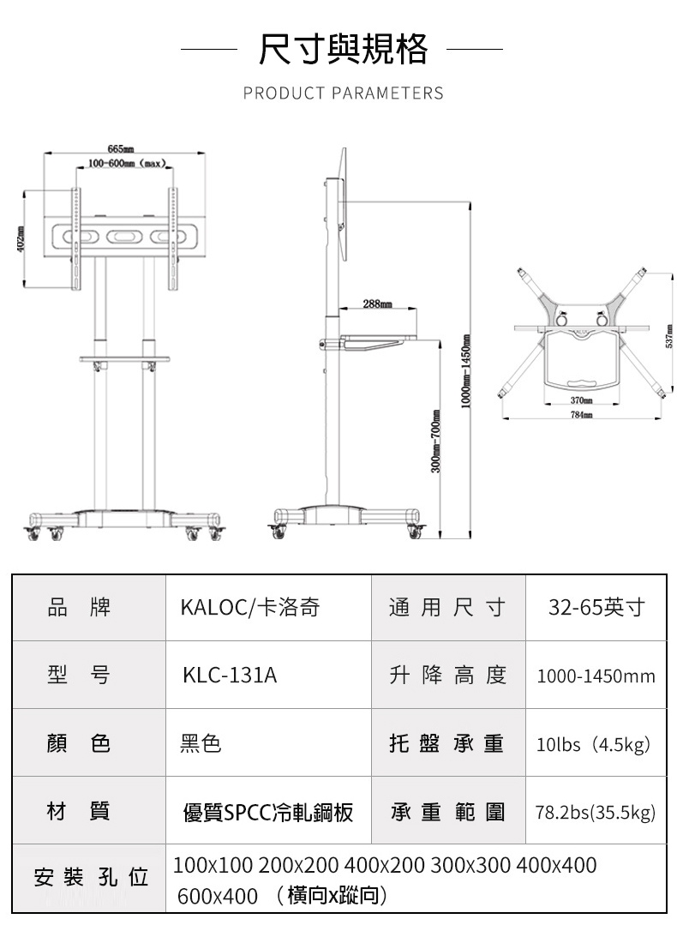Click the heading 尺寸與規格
tap(343, 49)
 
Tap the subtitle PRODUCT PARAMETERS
tap(343, 93)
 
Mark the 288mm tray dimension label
tap(377, 303)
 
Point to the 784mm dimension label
tap(582, 414)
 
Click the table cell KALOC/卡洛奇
tap(249, 608)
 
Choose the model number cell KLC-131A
tap(230, 675)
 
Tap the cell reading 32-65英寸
tap(596, 608)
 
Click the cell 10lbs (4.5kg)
tap(596, 743)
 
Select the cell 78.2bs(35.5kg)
tap(596, 811)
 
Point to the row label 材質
tap(79, 810)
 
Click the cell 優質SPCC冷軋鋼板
tap(268, 811)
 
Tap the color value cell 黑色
tap(201, 743)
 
